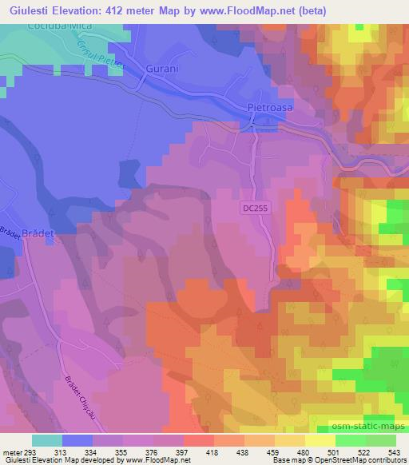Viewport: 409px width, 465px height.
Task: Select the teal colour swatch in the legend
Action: point(47,439)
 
